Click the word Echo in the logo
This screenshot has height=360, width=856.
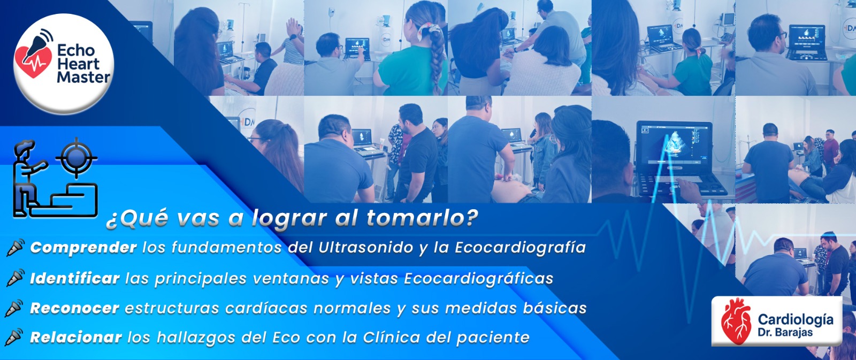(75, 50)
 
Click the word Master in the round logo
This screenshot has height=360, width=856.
(83, 78)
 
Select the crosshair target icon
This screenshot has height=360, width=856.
(77, 157)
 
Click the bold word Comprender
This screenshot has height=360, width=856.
(83, 248)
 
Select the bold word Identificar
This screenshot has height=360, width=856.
(75, 278)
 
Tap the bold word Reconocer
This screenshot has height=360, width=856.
(74, 308)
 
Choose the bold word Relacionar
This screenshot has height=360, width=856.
(76, 338)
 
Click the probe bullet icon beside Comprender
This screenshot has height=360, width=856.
(16, 247)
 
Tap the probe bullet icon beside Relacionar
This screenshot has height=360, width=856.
(14, 338)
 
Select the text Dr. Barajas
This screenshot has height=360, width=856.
(785, 333)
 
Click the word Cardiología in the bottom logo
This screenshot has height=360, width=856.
(796, 319)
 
